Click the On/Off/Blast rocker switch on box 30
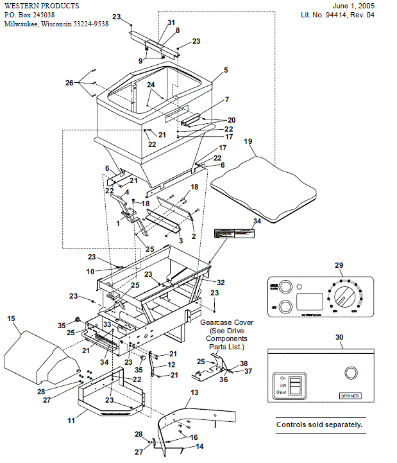click(294, 387)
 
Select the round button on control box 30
click(351, 372)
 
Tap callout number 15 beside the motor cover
click(11, 318)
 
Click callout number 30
click(339, 336)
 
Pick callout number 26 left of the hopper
click(69, 82)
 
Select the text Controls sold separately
click(319, 424)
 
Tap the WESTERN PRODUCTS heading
click(40, 6)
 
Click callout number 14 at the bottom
click(199, 446)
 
